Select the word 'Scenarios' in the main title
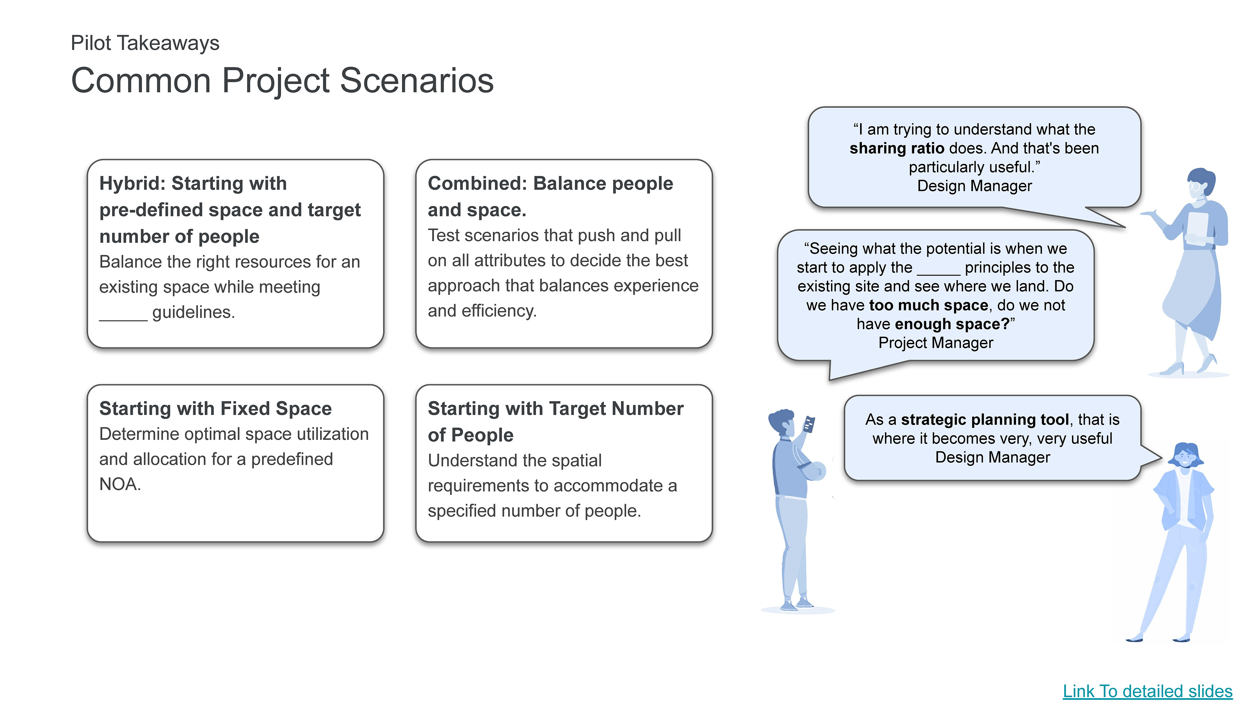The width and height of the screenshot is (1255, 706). pos(417,80)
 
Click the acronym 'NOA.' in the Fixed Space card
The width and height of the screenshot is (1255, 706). pos(120,484)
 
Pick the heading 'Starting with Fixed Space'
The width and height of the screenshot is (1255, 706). pos(215,408)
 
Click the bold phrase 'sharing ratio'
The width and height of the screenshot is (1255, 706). pos(896,148)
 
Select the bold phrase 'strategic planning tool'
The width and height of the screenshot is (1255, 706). pos(985,419)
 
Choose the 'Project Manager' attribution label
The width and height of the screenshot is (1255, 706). pos(935,343)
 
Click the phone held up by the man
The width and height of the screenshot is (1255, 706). pos(809,424)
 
